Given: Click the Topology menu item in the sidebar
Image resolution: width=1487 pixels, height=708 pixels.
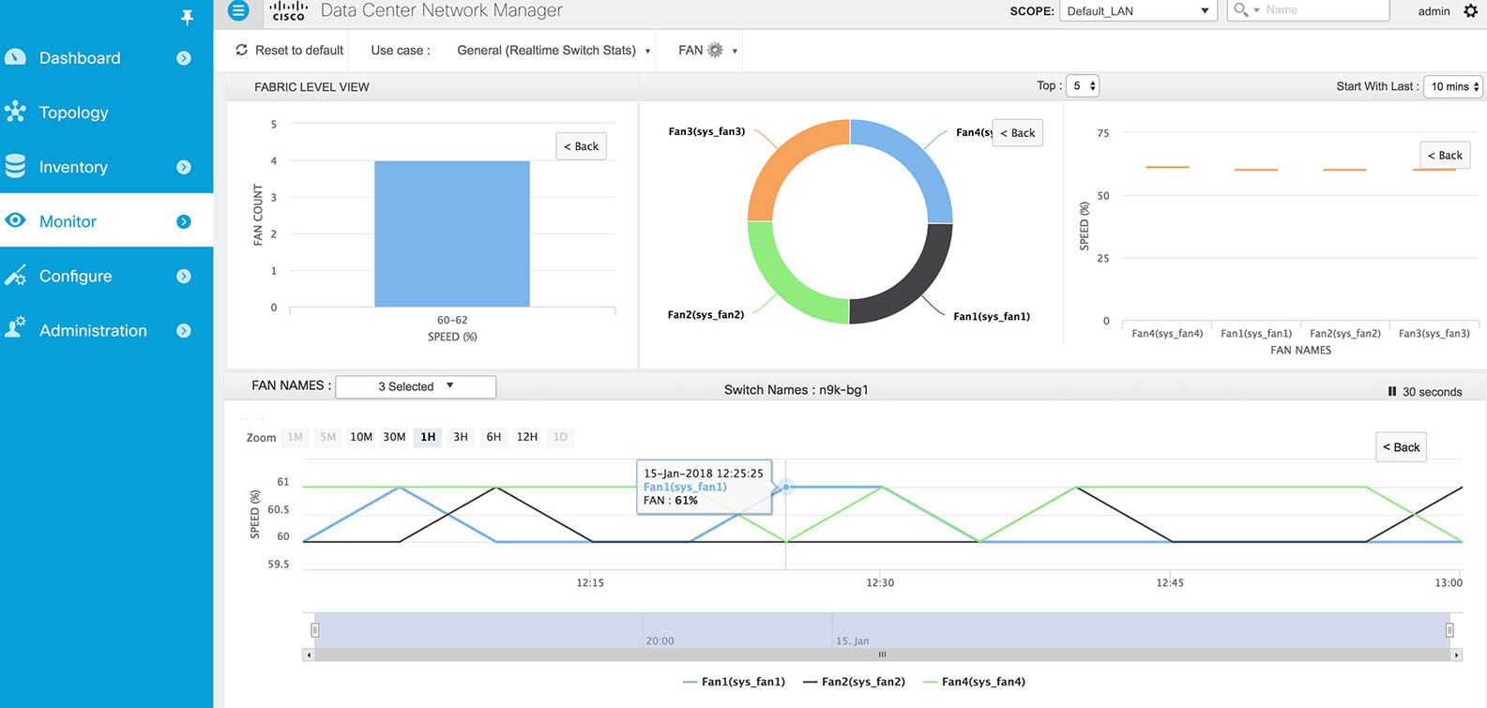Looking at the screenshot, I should click(73, 113).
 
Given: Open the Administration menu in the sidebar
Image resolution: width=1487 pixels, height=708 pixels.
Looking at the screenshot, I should click(93, 330).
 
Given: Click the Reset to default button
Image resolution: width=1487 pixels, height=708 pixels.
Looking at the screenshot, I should click(290, 51).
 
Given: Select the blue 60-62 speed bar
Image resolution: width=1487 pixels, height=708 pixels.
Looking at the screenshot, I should click(451, 233).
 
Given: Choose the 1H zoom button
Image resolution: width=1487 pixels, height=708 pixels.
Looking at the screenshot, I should click(428, 437).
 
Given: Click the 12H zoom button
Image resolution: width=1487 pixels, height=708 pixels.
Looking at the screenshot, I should click(527, 437).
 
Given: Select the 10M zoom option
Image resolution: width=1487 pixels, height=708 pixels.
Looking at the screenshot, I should click(361, 437).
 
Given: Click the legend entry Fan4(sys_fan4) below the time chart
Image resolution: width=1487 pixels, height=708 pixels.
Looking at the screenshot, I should click(982, 682).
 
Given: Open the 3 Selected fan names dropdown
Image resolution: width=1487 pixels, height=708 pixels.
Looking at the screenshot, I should click(416, 386).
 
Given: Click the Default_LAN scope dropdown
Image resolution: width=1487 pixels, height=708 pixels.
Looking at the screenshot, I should click(1137, 11).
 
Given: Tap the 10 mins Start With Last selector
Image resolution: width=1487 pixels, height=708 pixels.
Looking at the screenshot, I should click(1454, 86).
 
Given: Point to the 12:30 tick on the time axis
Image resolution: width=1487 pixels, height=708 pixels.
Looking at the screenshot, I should click(880, 582).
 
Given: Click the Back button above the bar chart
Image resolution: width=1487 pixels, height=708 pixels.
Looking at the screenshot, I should click(581, 146).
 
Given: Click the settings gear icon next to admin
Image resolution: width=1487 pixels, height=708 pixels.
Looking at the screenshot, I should click(1470, 11).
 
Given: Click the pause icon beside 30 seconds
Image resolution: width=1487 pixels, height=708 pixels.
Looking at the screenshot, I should click(1392, 392).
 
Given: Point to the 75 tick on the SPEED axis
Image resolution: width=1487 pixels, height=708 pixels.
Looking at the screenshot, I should click(1103, 133).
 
